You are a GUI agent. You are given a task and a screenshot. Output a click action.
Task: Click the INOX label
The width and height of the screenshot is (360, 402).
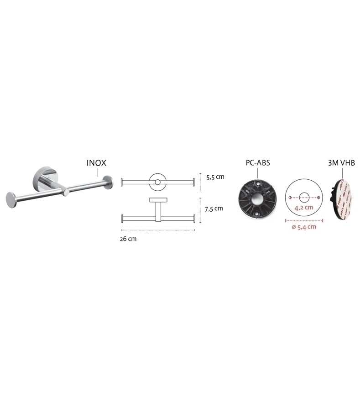click(96, 163)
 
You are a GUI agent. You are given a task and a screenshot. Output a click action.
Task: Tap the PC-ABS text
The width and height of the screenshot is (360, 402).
click(258, 163)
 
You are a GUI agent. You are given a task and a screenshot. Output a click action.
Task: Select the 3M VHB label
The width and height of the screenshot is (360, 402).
click(341, 163)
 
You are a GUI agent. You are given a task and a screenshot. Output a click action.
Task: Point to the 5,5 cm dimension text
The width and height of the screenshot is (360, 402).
click(215, 177)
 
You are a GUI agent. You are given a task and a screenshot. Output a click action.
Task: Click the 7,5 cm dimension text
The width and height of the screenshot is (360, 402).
click(214, 209)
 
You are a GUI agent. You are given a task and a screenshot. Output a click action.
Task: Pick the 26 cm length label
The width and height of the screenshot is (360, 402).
click(128, 239)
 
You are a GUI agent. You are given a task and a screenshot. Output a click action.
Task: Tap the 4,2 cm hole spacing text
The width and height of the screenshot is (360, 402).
click(304, 207)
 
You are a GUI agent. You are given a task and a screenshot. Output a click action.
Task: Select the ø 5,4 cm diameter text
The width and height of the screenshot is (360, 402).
click(304, 227)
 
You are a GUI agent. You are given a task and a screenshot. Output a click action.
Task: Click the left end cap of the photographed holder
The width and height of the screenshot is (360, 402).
click(11, 200)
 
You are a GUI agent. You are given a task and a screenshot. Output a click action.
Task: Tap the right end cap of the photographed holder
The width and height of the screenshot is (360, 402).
click(108, 182)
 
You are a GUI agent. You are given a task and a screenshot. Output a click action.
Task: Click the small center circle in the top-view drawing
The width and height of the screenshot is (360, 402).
click(158, 182)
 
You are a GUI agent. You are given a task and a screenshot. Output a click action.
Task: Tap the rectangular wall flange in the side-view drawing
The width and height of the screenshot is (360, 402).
click(158, 200)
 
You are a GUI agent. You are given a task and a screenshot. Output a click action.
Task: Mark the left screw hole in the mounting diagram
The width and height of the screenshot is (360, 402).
click(290, 198)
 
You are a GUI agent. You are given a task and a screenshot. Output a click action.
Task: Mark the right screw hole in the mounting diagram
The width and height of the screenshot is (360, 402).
click(318, 198)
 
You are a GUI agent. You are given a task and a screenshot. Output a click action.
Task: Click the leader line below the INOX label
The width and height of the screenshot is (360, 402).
click(98, 172)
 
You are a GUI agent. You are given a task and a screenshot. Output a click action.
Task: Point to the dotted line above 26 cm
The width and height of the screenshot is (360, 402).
click(158, 230)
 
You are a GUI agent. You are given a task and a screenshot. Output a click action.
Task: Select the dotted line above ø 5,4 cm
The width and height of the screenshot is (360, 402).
click(304, 220)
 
